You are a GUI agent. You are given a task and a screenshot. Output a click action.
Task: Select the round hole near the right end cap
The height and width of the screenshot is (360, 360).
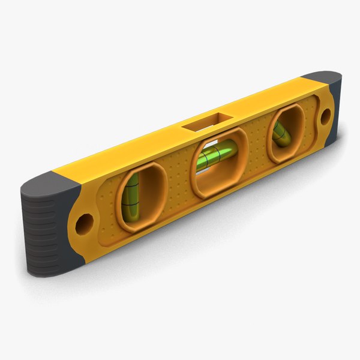pos(325,117)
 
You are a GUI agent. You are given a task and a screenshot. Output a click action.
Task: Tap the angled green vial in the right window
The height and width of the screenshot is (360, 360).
pos(281,134)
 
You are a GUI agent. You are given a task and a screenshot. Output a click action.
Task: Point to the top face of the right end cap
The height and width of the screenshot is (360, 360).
pos(321,79)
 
